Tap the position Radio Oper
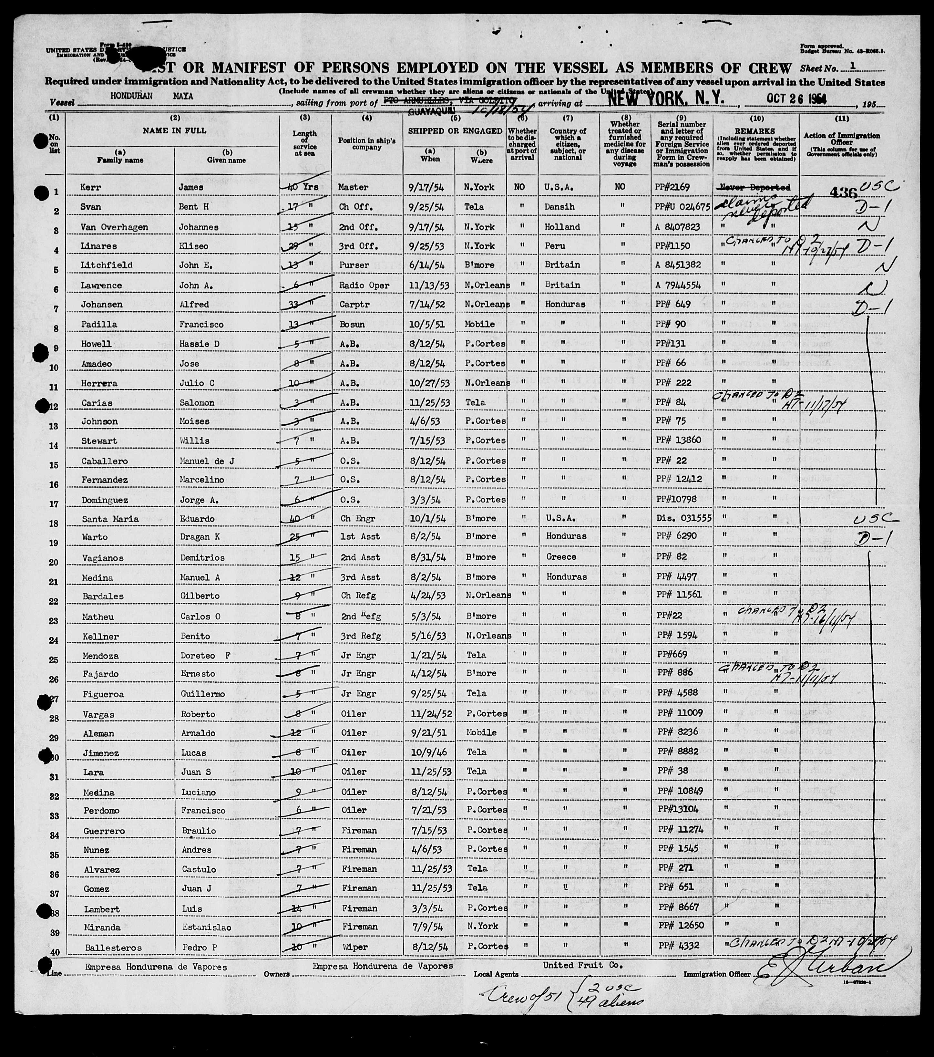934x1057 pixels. [x=364, y=285]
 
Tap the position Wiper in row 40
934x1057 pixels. [x=354, y=948]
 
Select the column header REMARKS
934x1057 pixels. [x=756, y=132]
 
